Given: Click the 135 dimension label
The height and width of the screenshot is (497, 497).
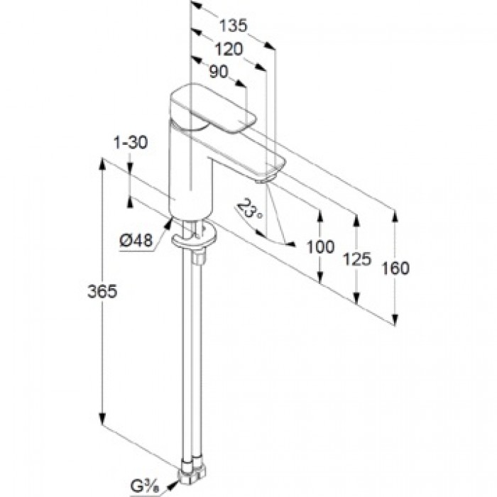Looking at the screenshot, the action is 233,26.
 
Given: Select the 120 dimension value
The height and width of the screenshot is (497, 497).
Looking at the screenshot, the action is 229,50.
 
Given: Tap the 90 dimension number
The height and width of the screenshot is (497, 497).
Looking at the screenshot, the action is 219,72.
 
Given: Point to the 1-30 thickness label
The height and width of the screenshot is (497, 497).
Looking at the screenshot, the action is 131,143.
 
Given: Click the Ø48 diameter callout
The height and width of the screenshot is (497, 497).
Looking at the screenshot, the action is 136,241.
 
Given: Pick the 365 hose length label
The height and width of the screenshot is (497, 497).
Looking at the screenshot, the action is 102,291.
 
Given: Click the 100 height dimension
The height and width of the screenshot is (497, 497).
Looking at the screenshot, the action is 320,247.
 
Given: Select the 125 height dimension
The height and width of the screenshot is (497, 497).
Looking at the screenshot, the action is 357,259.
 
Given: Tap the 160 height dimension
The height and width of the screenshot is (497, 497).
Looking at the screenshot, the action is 395,268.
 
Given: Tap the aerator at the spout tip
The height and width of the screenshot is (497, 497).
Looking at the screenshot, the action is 262,181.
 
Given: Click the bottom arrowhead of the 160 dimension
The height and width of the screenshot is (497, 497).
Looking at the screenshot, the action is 395,319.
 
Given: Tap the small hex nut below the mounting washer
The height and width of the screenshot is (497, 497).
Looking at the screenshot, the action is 198,258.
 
